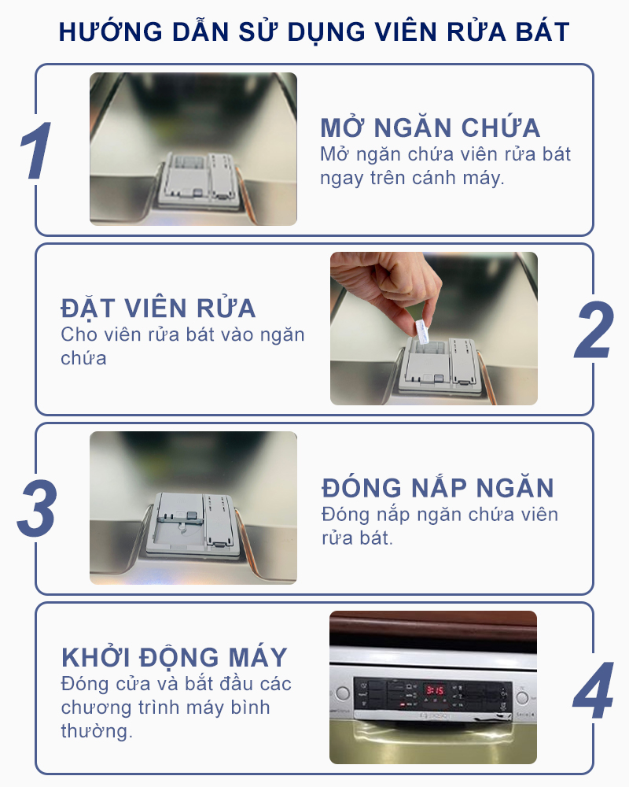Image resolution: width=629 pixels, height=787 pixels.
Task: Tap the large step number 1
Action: pyautogui.click(x=35, y=152)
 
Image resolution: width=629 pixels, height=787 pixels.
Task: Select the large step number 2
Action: pyautogui.click(x=594, y=331)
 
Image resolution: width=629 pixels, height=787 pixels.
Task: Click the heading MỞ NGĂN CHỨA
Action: pyautogui.click(x=430, y=128)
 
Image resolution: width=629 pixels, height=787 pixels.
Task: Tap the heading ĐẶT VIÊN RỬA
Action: pyautogui.click(x=158, y=308)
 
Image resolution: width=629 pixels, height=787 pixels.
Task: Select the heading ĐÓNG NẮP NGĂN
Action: pyautogui.click(x=438, y=487)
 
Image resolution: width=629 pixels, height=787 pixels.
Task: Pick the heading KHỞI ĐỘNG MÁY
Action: pyautogui.click(x=175, y=657)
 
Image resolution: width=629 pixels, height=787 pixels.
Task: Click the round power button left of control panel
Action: pyautogui.click(x=342, y=694)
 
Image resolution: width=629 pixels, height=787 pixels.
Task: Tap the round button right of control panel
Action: pyautogui.click(x=523, y=696)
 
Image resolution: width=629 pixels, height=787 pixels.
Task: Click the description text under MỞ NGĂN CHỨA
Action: pyautogui.click(x=445, y=165)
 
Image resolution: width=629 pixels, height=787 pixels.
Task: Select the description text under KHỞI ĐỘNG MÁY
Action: pyautogui.click(x=175, y=707)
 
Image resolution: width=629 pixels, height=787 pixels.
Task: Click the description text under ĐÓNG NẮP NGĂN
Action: pyautogui.click(x=440, y=527)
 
